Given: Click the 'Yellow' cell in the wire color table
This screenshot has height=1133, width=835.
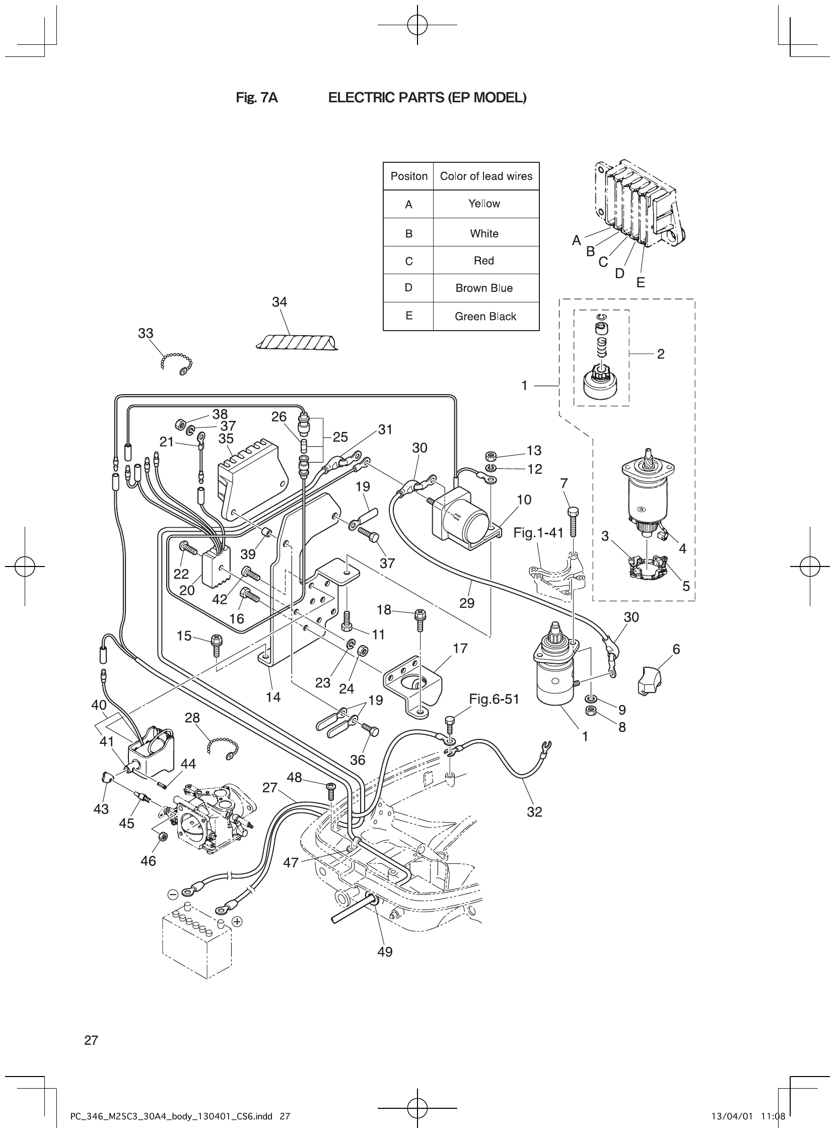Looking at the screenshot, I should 483,204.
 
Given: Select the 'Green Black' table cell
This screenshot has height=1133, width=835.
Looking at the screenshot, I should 485,317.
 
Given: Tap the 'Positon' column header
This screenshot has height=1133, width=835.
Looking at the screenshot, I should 409,176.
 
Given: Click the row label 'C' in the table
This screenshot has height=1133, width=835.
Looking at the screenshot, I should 409,261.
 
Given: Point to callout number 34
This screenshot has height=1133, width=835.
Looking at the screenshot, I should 279,302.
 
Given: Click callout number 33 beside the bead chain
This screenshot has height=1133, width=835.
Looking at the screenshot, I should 146,333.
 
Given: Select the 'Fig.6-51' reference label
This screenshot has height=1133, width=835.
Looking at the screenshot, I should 494,699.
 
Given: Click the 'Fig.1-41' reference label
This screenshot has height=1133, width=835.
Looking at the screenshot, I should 538,533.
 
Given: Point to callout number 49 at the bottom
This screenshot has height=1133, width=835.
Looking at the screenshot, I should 385,952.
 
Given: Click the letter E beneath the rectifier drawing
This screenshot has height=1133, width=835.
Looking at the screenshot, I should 641,283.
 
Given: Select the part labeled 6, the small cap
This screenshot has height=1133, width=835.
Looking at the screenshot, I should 650,681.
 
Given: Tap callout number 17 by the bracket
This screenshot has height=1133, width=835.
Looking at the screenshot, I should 460,649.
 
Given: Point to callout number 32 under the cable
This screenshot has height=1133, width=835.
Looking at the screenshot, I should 534,812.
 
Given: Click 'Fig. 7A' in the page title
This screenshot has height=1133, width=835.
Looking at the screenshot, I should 257,98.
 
